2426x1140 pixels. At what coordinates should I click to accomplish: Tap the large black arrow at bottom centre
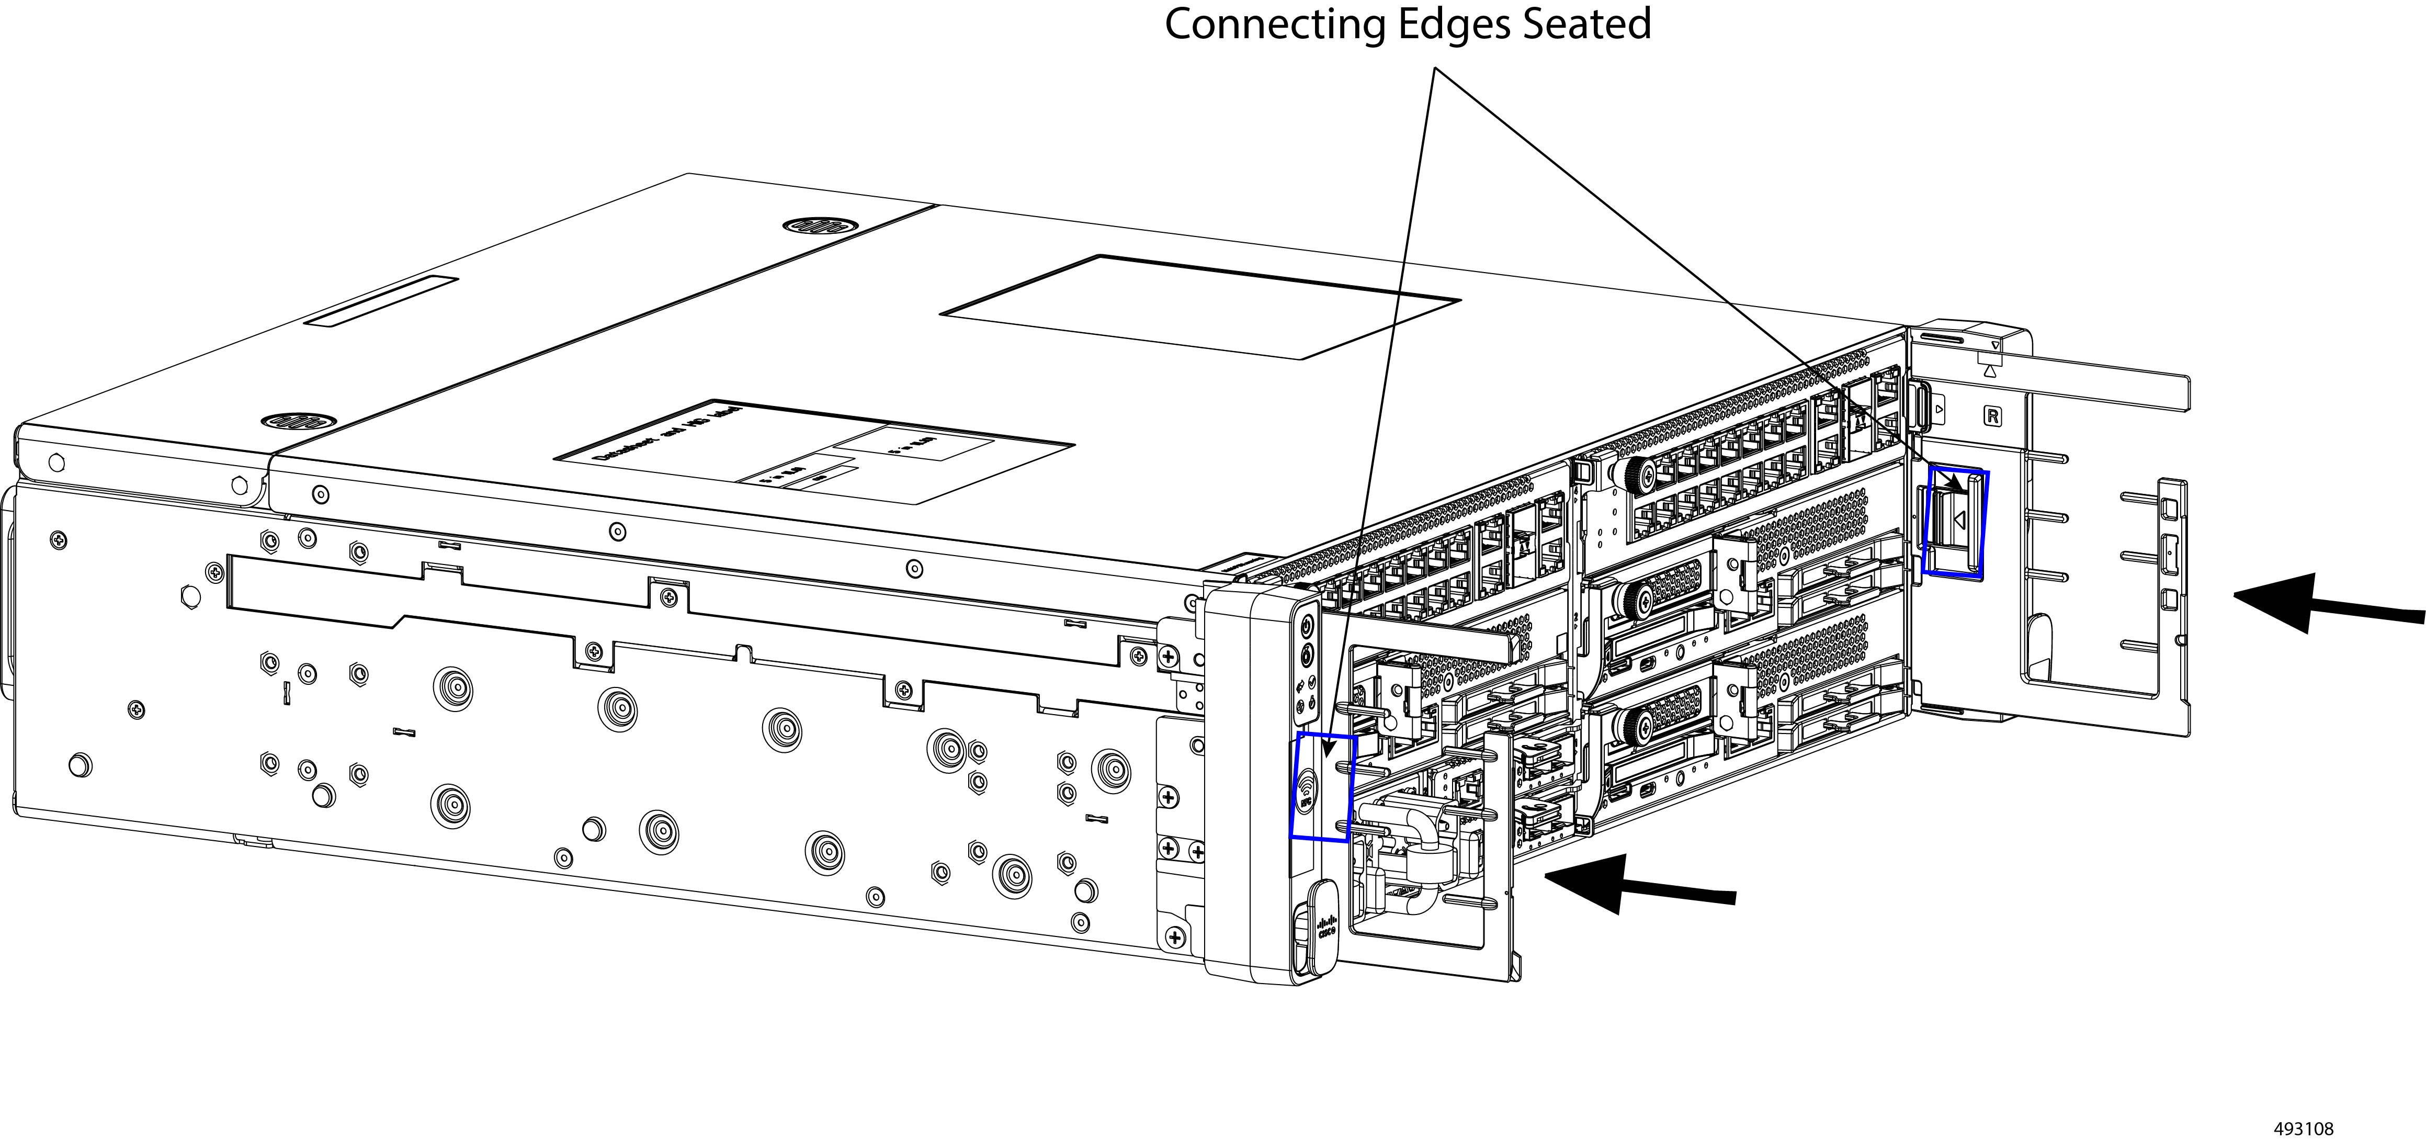click(x=1639, y=883)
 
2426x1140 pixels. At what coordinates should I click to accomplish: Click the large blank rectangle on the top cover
click(x=1200, y=306)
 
